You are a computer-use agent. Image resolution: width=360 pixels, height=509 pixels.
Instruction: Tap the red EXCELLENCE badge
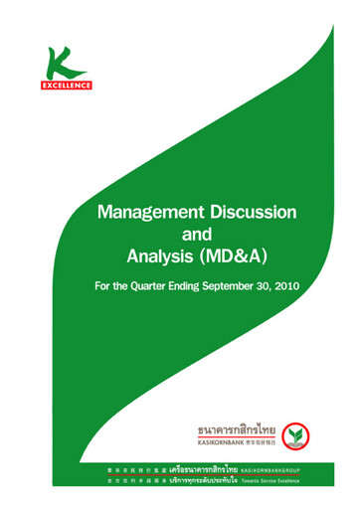67,85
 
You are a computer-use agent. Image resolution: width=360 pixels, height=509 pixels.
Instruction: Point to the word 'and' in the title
198,236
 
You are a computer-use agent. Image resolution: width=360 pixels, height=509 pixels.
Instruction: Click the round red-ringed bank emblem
292,434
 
